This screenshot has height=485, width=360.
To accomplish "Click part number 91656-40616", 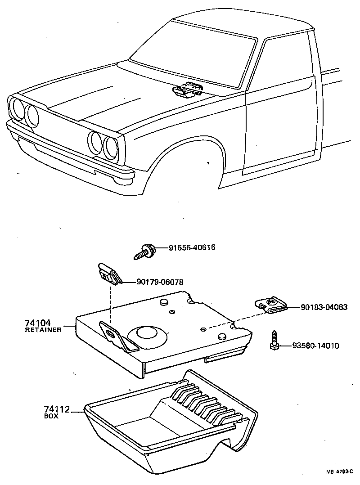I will point(192,247).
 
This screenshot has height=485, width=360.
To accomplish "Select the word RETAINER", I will point(43,330).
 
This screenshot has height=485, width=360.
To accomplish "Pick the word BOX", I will point(51,416).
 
